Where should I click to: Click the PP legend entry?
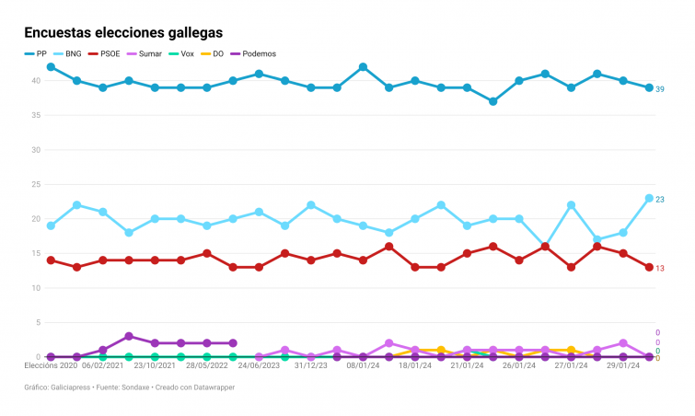point(37,54)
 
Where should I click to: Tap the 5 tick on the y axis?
point(36,322)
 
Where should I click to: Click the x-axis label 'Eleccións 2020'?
point(51,365)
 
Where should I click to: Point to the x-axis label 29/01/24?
point(623,365)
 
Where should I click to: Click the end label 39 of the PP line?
point(660,89)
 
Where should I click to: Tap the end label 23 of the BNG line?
point(660,200)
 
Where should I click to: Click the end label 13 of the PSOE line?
point(660,269)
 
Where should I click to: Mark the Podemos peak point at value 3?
point(129,336)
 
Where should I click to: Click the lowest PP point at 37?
point(493,101)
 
